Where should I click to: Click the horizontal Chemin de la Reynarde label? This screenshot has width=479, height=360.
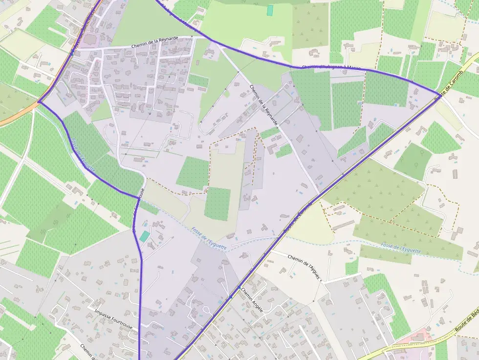pos(154,45)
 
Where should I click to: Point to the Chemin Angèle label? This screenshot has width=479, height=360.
pos(252,299)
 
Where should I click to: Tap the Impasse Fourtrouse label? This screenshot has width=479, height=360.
pos(113,318)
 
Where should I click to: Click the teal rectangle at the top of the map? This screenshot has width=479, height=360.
pos(270,10)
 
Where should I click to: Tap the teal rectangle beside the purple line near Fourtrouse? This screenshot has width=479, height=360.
pos(144,236)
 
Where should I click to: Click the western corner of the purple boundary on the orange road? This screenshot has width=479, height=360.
pos(38,102)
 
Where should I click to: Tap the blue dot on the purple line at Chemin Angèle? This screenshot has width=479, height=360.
pos(231,296)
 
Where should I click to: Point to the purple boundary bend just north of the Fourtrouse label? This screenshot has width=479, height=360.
pos(137,197)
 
